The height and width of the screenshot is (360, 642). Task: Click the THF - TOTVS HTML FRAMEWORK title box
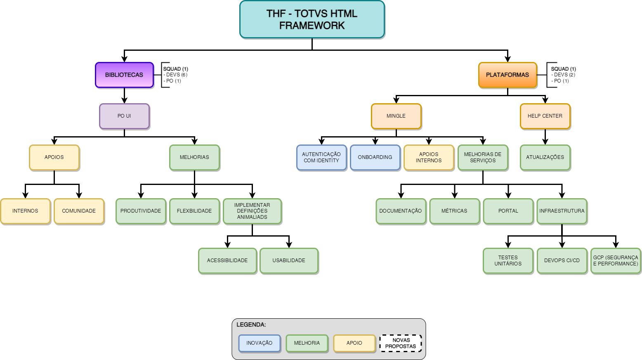coord(312,19)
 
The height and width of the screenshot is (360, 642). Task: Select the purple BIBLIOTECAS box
coord(124,75)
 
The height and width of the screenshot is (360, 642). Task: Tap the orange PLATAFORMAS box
coord(507,75)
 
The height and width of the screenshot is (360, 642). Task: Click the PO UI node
coord(124,116)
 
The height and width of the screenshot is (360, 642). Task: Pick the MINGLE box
coord(396,116)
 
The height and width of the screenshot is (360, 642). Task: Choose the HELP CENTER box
coord(545,116)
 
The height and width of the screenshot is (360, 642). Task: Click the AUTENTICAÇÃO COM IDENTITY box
coord(321,157)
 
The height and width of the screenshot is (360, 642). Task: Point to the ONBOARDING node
coord(375,157)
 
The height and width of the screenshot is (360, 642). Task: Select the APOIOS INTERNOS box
coord(429,157)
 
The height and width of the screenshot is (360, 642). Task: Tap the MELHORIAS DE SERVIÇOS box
coord(483,157)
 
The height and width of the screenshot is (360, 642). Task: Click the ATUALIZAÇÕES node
coord(545,157)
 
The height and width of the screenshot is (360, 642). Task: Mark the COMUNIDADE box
coord(79,211)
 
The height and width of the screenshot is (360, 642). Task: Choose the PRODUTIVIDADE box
coord(141,211)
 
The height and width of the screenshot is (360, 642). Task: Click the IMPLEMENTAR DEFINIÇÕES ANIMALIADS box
coord(252,211)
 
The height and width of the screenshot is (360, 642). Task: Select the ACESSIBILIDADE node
coord(227,261)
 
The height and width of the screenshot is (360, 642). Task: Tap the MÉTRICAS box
coord(454,211)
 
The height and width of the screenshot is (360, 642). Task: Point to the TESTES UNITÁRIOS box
coord(508,261)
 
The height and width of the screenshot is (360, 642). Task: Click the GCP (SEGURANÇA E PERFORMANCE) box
coord(616,261)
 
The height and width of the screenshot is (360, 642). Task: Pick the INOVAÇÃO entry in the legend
coord(260,343)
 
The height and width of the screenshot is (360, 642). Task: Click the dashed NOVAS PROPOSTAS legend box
coord(401,343)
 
